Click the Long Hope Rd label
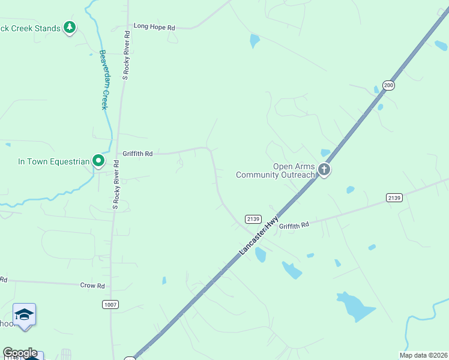[x=154, y=27]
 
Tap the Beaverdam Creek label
[x=103, y=79]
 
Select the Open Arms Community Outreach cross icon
[x=324, y=170]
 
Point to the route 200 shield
[x=388, y=85]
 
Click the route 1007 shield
[x=110, y=305]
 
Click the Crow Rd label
[x=92, y=286]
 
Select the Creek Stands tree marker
[x=70, y=27]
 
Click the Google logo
[x=20, y=353]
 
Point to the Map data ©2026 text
[x=423, y=355]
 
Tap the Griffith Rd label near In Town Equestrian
[x=137, y=154]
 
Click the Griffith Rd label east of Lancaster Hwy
[x=294, y=225]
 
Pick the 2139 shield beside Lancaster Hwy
[x=252, y=219]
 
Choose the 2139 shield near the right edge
[x=394, y=197]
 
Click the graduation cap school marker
[x=25, y=314]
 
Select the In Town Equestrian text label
[x=53, y=161]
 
